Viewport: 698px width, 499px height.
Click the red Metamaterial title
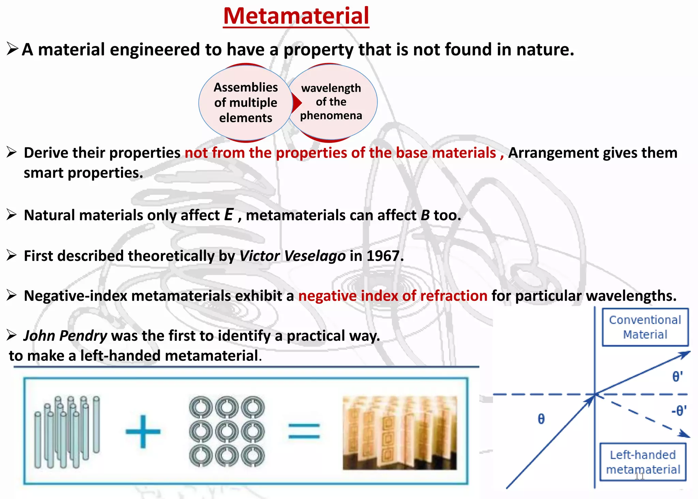[x=296, y=16]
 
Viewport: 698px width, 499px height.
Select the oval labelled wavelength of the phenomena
[x=331, y=102]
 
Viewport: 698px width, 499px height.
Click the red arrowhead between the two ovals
[x=298, y=102]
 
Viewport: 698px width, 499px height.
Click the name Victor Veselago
[x=292, y=256]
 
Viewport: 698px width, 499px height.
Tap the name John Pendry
[x=65, y=336]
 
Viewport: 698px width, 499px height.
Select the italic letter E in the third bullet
[x=229, y=215]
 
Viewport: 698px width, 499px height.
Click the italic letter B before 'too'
[x=425, y=215]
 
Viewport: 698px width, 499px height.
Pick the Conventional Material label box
[x=645, y=327]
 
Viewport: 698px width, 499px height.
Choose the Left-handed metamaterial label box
[x=643, y=462]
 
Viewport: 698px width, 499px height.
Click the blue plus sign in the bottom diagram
[x=143, y=431]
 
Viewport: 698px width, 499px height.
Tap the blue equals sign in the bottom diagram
[x=304, y=431]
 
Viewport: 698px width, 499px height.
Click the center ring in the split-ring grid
[x=227, y=431]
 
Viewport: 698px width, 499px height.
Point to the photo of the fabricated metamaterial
[x=399, y=432]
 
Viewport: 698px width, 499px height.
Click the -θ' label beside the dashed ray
[x=679, y=410]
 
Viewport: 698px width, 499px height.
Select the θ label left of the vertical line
[x=541, y=419]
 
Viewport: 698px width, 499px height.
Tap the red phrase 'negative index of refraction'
[x=393, y=296]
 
